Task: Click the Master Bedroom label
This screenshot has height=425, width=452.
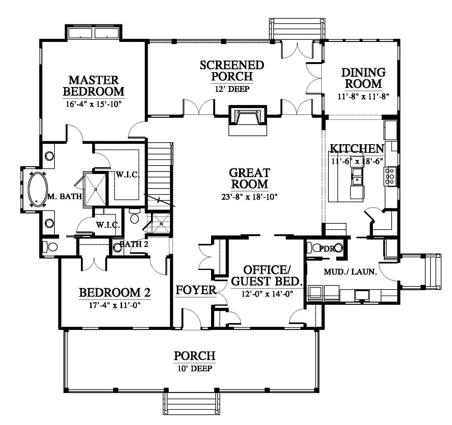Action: [93, 86]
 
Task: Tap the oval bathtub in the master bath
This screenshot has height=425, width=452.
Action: [38, 190]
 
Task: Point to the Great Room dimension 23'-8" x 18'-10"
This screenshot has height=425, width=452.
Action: [249, 197]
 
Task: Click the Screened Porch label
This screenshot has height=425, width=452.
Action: [232, 71]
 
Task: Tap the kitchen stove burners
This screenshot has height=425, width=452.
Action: [391, 176]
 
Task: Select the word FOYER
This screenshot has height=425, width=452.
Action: [196, 290]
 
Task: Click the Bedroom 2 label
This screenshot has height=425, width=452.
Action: [115, 293]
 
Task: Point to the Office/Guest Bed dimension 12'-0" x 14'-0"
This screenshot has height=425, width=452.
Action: [267, 294]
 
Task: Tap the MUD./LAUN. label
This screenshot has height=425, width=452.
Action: [350, 272]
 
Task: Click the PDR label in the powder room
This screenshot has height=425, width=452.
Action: [327, 249]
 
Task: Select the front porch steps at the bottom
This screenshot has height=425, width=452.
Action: [191, 404]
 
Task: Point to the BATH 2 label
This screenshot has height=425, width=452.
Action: [134, 244]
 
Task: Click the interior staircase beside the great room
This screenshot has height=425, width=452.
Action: [159, 176]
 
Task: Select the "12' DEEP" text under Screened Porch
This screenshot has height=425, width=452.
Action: [232, 89]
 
